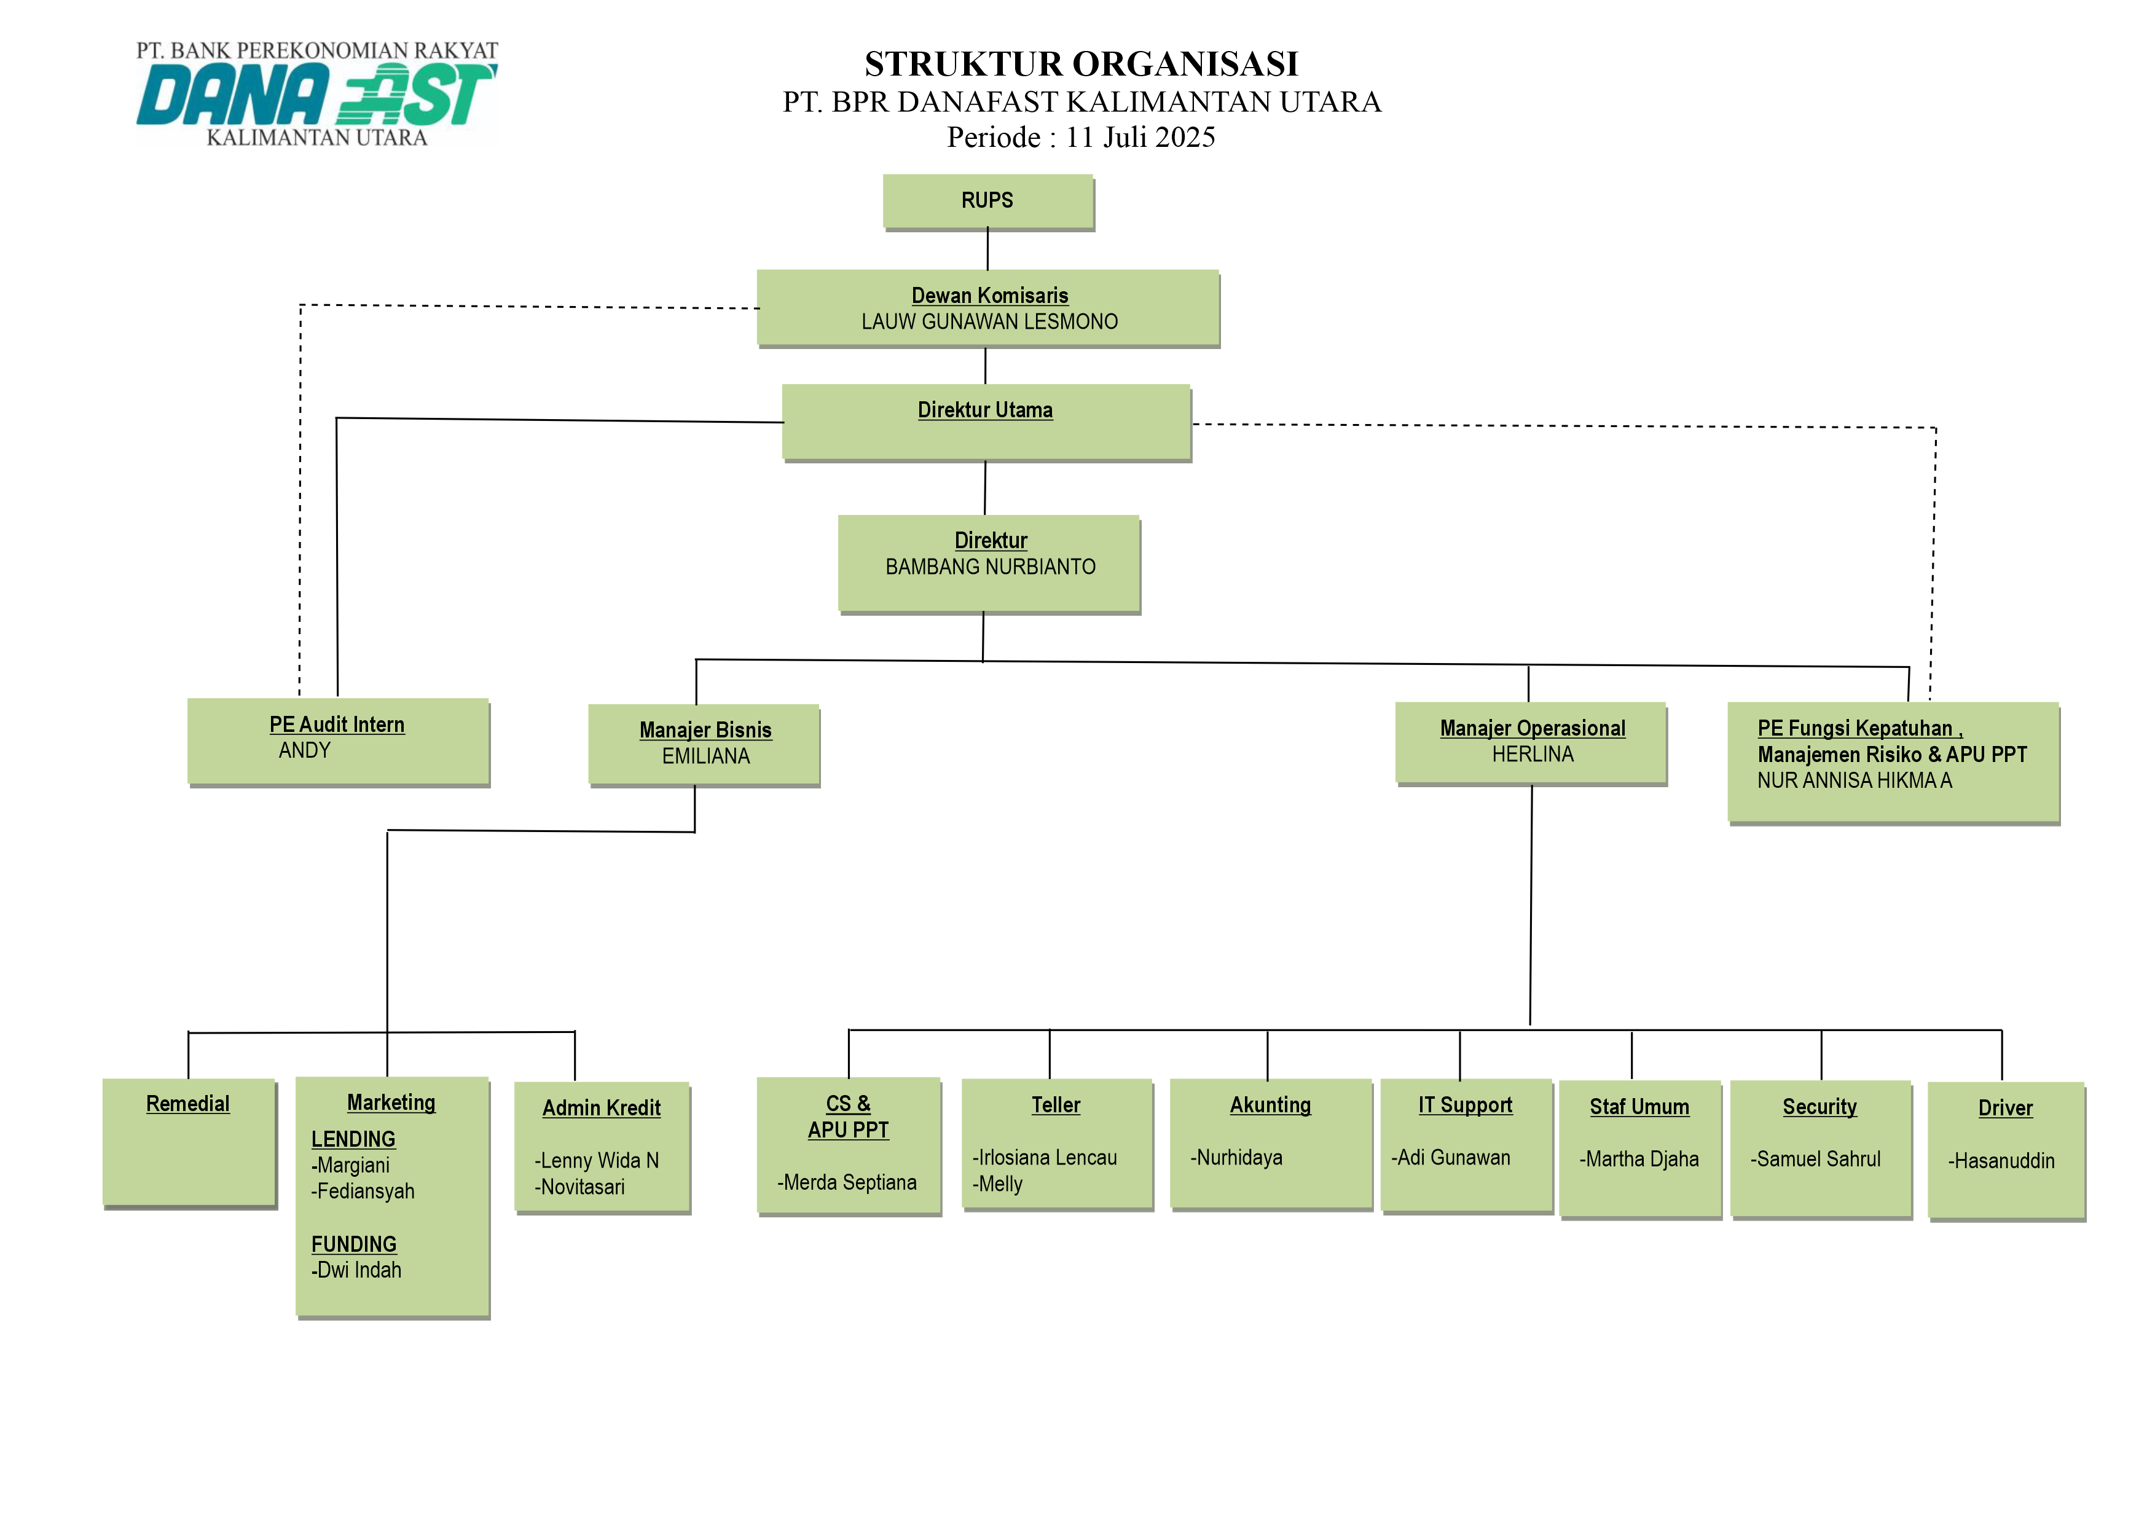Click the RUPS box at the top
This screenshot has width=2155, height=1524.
987,201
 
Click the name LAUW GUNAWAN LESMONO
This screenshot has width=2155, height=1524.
989,322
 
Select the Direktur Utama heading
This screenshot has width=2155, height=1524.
984,410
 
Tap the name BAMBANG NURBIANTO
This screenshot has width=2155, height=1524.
990,567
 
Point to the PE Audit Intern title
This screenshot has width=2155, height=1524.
337,725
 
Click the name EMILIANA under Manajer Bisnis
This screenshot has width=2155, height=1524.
706,756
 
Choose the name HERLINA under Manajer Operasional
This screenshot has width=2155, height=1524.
1533,755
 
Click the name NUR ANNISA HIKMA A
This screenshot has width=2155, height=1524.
1854,781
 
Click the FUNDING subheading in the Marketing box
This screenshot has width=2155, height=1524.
354,1244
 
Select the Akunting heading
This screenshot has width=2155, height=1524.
1270,1106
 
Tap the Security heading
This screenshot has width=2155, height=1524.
1819,1107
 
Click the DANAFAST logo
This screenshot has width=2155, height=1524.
316,95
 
